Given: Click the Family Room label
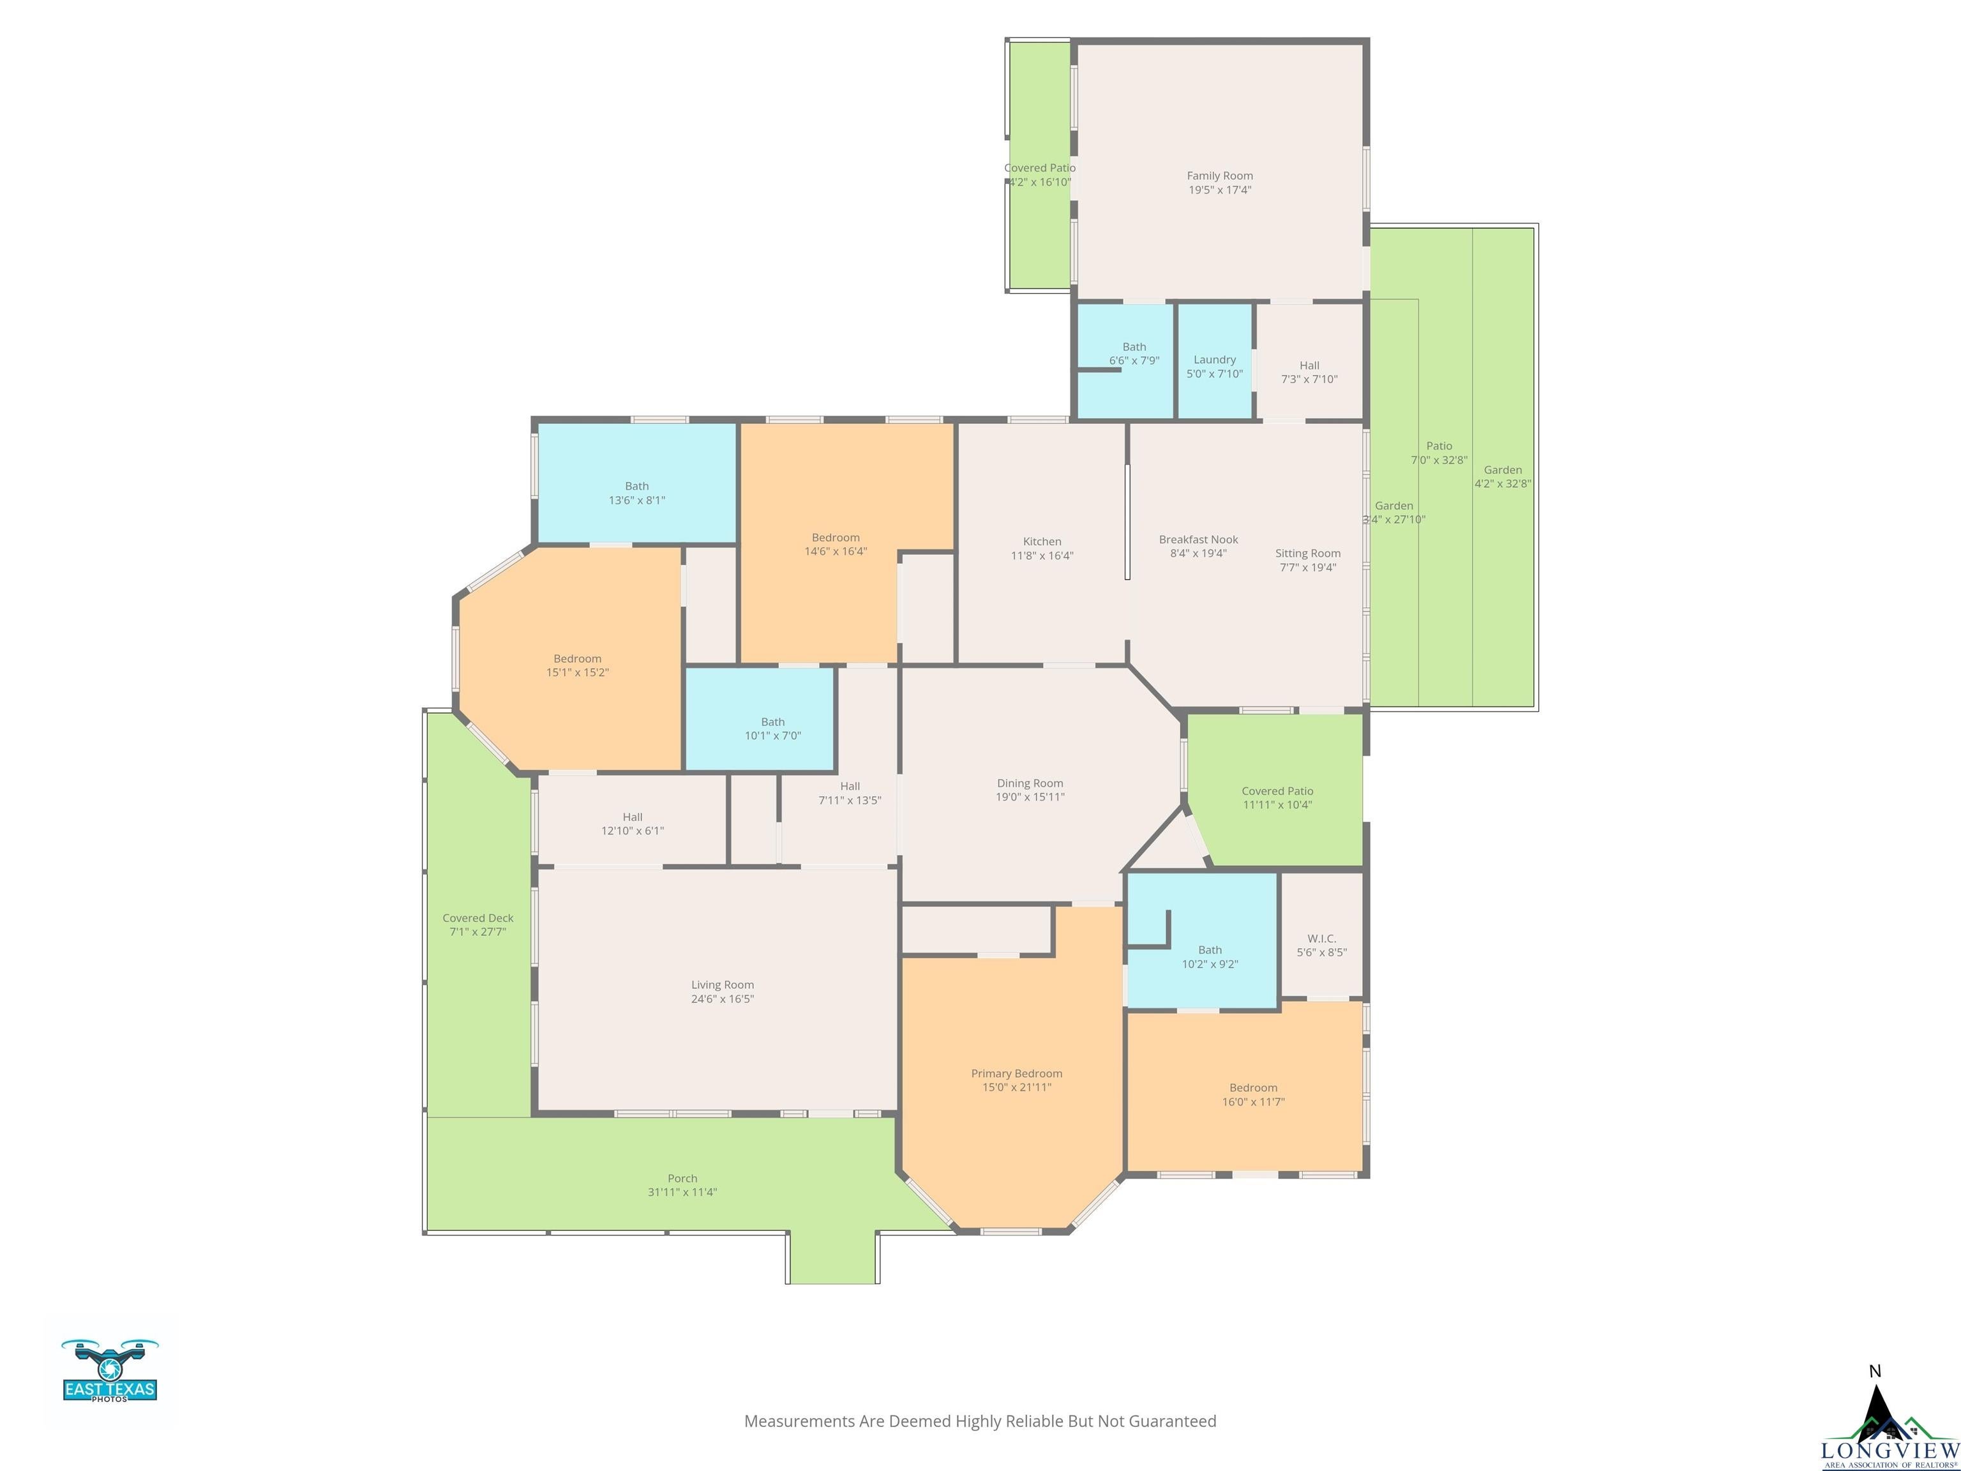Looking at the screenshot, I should [x=1219, y=176].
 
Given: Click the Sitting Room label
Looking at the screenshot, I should [x=1307, y=554].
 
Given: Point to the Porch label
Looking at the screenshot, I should [x=682, y=1179].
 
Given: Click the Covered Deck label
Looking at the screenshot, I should [x=478, y=917].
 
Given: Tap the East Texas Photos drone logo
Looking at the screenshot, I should [x=110, y=1370].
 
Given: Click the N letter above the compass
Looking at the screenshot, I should [x=1874, y=1371].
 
